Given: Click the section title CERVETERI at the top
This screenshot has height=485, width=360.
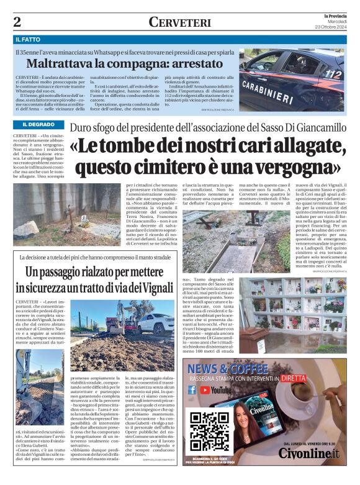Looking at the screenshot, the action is click(179, 22).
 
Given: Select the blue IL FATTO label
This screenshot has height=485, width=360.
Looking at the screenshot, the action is click(30, 40).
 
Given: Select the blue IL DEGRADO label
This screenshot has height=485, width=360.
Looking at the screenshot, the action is click(34, 125).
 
